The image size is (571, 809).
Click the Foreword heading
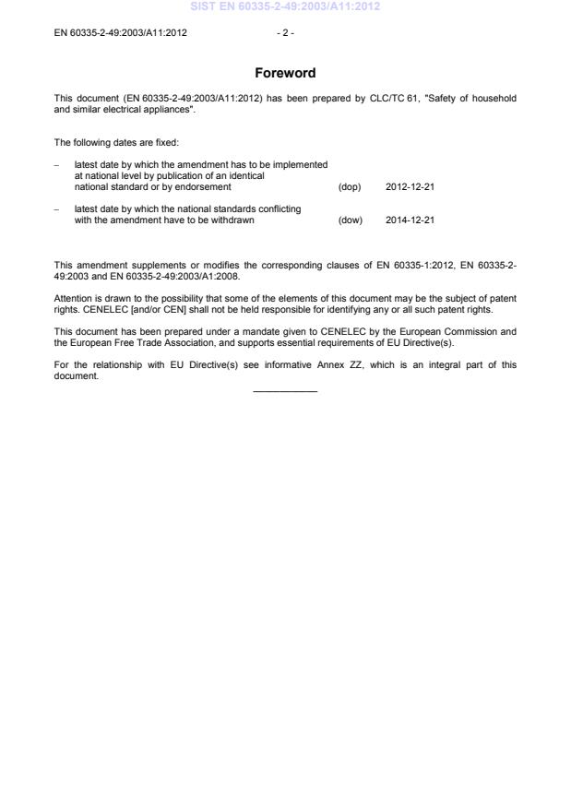285,73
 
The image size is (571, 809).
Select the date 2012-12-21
410,187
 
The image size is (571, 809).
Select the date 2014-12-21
410,220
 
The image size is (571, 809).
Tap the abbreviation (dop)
351,187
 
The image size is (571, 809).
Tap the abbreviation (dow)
351,220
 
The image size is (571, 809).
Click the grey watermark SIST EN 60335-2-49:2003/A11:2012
285,6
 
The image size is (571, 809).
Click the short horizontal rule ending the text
285,392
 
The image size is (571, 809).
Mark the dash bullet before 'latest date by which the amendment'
57,165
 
